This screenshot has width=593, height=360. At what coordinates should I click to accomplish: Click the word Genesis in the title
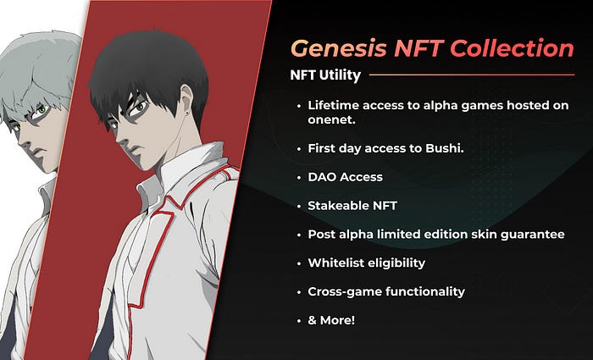click(x=339, y=49)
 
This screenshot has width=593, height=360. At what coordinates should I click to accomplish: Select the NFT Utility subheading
click(x=325, y=75)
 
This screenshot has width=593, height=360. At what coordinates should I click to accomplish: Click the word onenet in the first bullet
click(x=332, y=120)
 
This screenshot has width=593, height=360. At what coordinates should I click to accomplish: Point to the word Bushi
click(x=445, y=148)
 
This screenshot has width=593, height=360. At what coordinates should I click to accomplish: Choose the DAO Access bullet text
click(x=346, y=177)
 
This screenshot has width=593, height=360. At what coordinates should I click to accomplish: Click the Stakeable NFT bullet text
click(x=352, y=206)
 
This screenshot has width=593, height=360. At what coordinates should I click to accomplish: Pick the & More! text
click(x=331, y=320)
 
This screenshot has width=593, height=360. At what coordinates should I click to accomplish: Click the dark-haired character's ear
click(x=186, y=102)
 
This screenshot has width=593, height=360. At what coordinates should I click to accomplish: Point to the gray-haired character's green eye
click(x=42, y=110)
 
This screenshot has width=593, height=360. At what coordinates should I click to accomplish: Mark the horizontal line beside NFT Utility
click(x=472, y=75)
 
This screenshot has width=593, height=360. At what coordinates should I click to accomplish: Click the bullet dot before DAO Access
click(x=299, y=178)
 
